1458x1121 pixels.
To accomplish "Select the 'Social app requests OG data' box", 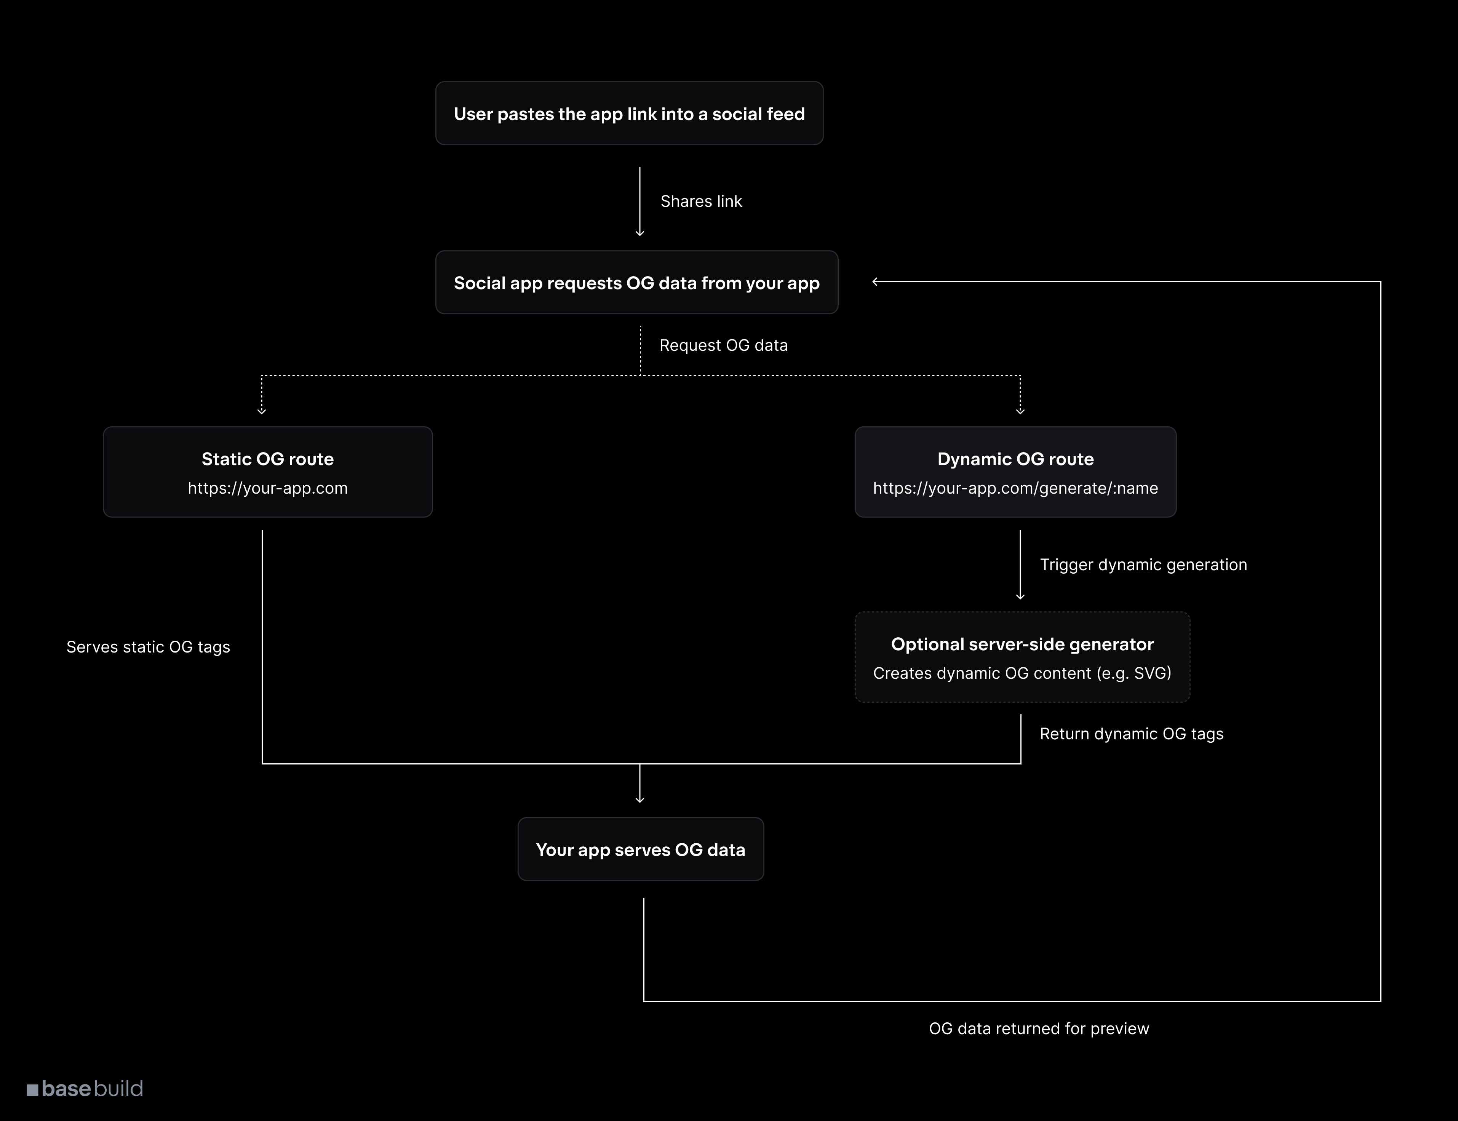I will tap(636, 283).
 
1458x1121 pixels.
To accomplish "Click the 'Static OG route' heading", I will tap(268, 459).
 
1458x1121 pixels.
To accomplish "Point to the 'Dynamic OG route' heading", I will tap(1015, 459).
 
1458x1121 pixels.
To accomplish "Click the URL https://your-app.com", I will tap(268, 488).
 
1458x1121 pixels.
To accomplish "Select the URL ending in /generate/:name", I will tap(1015, 488).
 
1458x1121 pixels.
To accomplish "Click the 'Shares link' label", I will tap(701, 201).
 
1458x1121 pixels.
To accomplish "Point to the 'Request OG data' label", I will tap(723, 345).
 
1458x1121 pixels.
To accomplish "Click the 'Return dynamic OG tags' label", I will tap(1131, 734).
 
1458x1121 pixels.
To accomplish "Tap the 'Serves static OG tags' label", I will tap(148, 647).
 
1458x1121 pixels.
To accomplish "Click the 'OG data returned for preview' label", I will tap(1039, 1029).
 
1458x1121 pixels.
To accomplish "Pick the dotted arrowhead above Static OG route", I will tap(262, 411).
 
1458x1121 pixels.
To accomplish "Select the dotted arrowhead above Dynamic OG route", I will tap(1020, 411).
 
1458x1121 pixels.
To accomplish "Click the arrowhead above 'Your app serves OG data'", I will tap(639, 800).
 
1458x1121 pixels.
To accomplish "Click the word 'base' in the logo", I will tap(66, 1089).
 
